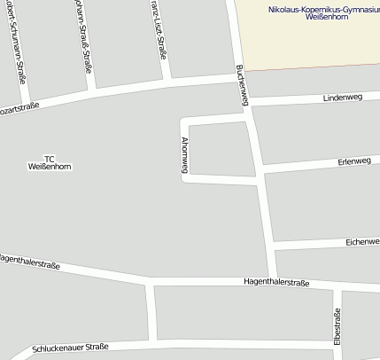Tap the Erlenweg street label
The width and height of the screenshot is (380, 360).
353,160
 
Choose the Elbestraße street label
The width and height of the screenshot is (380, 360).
338,327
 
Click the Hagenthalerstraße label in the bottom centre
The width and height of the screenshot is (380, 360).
276,282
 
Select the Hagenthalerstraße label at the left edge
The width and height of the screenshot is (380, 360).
28,262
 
